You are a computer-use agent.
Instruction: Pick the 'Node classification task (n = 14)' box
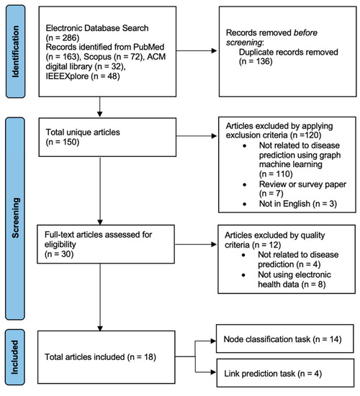coord(287,338)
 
